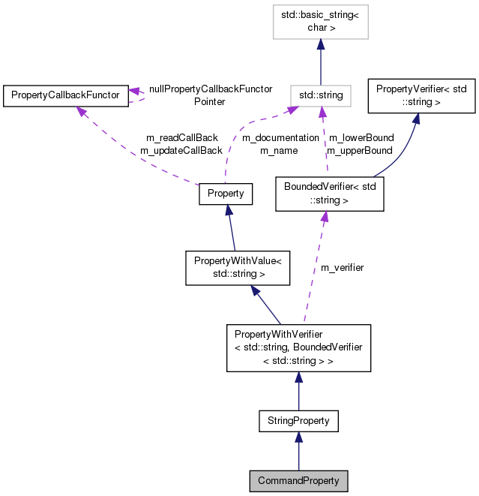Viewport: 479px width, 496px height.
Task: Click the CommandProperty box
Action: pyautogui.click(x=298, y=480)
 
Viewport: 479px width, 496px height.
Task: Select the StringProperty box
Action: pyautogui.click(x=298, y=421)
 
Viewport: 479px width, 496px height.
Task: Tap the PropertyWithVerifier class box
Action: pyautogui.click(x=298, y=347)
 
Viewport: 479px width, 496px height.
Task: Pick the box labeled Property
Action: pyautogui.click(x=226, y=193)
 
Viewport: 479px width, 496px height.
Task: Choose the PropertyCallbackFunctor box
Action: pyautogui.click(x=63, y=95)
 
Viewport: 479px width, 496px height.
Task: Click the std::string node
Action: pyautogui.click(x=321, y=95)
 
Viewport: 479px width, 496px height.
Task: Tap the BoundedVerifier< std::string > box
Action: pyautogui.click(x=330, y=194)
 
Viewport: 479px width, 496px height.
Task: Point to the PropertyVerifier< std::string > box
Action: pyautogui.click(x=421, y=95)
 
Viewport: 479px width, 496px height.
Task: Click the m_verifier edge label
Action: pyautogui.click(x=342, y=267)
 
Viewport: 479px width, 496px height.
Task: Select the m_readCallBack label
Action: pyautogui.click(x=181, y=138)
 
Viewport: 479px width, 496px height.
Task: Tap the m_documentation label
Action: pyautogui.click(x=280, y=138)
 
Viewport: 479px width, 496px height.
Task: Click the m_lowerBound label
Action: pyautogui.click(x=361, y=138)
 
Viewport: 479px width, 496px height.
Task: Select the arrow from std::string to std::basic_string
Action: pyautogui.click(x=321, y=63)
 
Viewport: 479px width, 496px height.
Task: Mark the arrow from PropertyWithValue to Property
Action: pyautogui.click(x=232, y=228)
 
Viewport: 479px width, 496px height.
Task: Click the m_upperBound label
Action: pyautogui.click(x=361, y=151)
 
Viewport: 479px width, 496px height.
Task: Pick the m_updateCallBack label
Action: pyautogui.click(x=181, y=151)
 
